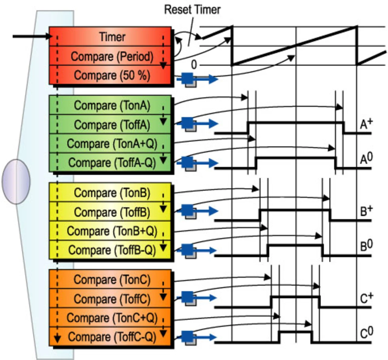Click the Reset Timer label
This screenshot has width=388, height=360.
(x=192, y=10)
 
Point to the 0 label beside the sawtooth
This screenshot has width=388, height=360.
(x=194, y=64)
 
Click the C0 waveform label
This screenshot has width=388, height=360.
(x=366, y=333)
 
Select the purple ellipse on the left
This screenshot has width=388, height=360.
(x=16, y=181)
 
